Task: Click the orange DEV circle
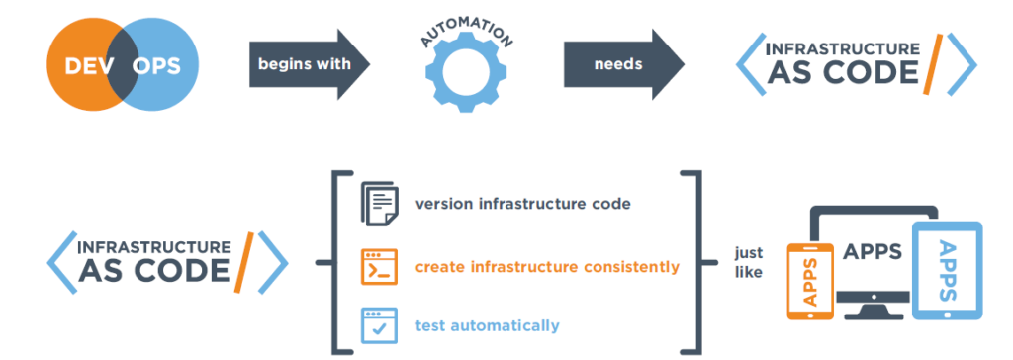point(79,67)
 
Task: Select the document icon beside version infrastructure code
point(380,204)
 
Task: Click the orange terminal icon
point(380,267)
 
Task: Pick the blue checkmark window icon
point(380,324)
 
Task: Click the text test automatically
point(487,325)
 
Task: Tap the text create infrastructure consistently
point(546,267)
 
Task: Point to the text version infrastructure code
point(522,205)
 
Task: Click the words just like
point(749,261)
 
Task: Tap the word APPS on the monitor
point(871,251)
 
